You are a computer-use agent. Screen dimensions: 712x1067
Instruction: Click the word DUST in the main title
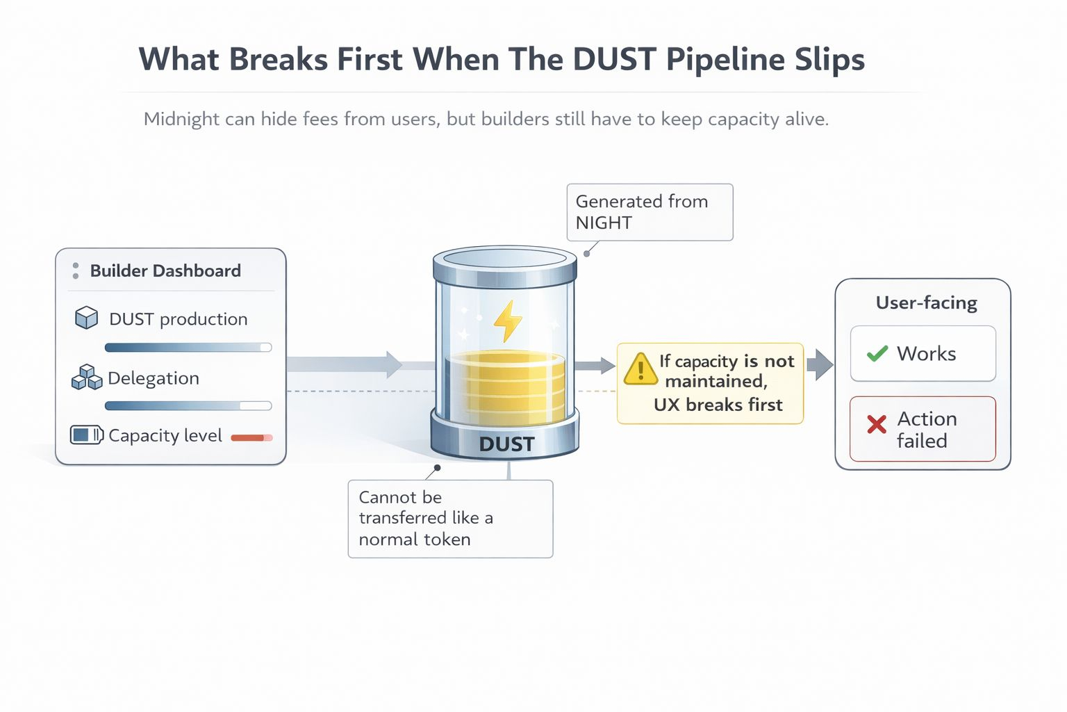[x=614, y=59]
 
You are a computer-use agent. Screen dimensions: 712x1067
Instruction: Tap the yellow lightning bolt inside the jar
[x=507, y=321]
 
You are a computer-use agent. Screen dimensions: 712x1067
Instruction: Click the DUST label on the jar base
[x=506, y=444]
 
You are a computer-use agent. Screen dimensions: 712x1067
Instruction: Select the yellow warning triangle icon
[x=640, y=369]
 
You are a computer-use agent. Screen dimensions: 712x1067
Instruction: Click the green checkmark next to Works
[x=877, y=353]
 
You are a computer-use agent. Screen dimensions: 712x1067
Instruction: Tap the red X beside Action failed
[x=877, y=423]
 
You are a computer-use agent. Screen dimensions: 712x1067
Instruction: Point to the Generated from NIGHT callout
[x=650, y=212]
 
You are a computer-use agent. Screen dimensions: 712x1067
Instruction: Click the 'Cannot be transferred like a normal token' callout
[x=450, y=518]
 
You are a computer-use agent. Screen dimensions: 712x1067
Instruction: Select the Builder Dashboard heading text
[x=165, y=270]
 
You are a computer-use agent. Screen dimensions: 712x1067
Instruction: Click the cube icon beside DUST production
[x=86, y=318]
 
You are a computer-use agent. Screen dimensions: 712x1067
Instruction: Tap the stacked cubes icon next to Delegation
[x=87, y=377]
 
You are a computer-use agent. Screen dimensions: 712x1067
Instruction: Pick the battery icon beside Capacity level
[x=87, y=435]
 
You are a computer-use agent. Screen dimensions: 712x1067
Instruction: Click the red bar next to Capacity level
[x=251, y=437]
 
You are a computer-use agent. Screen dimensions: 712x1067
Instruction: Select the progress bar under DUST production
[x=188, y=347]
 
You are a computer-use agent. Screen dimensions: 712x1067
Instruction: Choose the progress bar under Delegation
[x=188, y=405]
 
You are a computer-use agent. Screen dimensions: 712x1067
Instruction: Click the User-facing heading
[x=926, y=302]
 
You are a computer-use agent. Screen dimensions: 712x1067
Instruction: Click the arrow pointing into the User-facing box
[x=820, y=364]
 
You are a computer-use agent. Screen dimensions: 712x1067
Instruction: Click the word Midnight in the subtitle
[x=181, y=119]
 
